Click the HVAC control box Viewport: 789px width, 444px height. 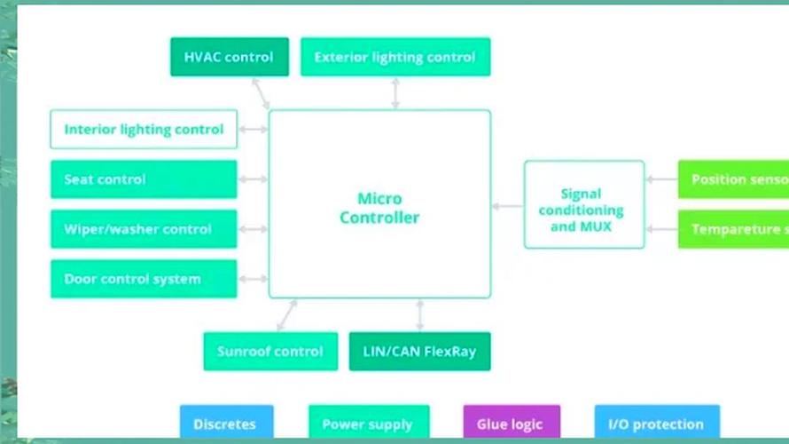point(229,57)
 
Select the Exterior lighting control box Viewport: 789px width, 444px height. point(395,57)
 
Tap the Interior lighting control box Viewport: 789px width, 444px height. point(144,130)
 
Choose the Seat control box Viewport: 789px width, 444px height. point(144,179)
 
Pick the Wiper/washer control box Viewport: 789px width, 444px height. point(144,229)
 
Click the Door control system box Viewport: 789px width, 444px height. point(144,279)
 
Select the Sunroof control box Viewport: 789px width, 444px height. point(270,352)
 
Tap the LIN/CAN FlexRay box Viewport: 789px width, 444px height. point(419,352)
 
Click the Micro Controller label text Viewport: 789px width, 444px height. point(379,208)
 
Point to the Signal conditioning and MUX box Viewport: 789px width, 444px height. point(583,210)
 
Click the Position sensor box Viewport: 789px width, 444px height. point(733,179)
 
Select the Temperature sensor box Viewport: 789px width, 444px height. point(733,229)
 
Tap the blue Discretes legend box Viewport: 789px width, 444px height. point(226,424)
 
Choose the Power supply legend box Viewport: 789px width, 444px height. point(368,424)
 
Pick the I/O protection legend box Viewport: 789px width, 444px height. point(656,424)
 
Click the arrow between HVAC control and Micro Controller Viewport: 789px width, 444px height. point(261,93)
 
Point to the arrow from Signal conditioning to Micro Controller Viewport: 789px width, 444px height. point(507,206)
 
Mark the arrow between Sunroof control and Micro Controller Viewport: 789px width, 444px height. point(286,315)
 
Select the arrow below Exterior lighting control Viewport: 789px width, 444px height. point(395,93)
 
